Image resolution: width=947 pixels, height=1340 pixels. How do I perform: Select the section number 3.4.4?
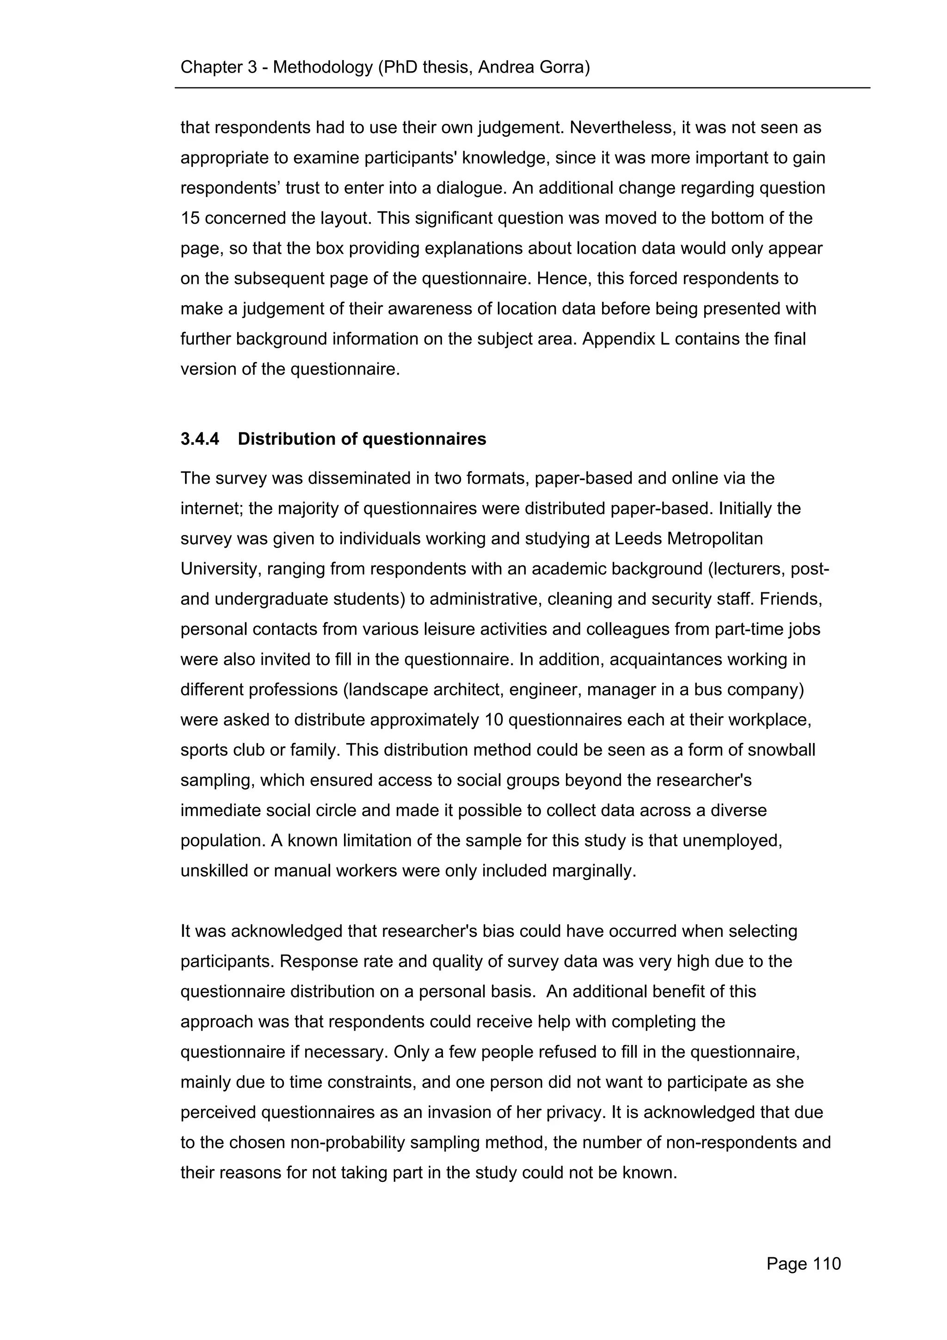pyautogui.click(x=200, y=439)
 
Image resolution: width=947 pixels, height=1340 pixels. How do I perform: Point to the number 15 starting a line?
pyautogui.click(x=190, y=218)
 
